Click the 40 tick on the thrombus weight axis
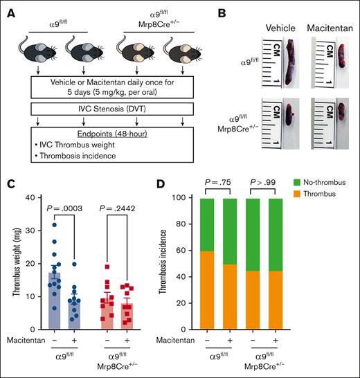(33, 199)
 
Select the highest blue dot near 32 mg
(55, 224)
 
